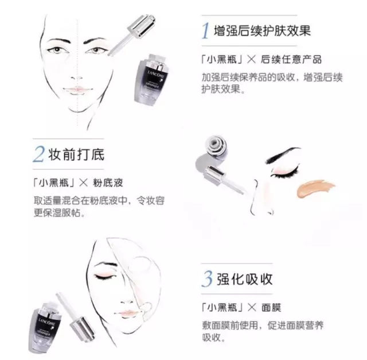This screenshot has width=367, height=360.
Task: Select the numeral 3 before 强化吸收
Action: (x=206, y=279)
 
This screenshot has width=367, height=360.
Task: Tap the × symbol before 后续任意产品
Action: (x=250, y=59)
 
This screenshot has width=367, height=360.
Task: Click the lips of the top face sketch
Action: (x=77, y=89)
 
